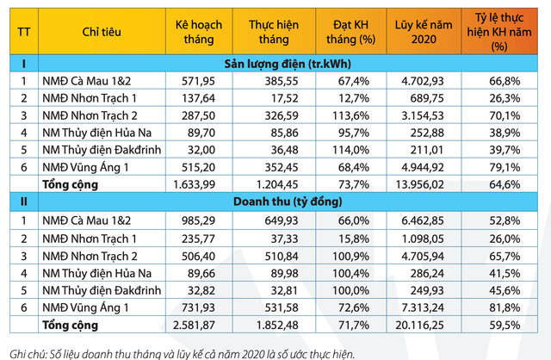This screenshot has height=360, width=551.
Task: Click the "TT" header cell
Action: click(23, 33)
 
